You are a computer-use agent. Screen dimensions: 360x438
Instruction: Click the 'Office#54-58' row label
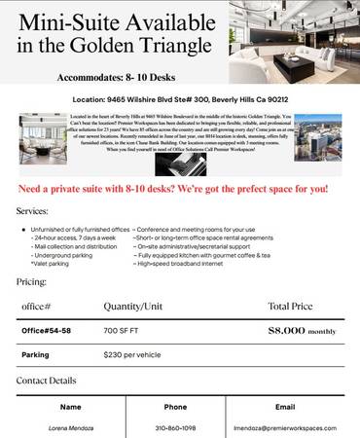tap(48, 331)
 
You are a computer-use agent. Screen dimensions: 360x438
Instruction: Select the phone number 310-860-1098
tap(175, 427)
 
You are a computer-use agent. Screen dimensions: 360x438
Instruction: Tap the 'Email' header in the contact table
tap(285, 406)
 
